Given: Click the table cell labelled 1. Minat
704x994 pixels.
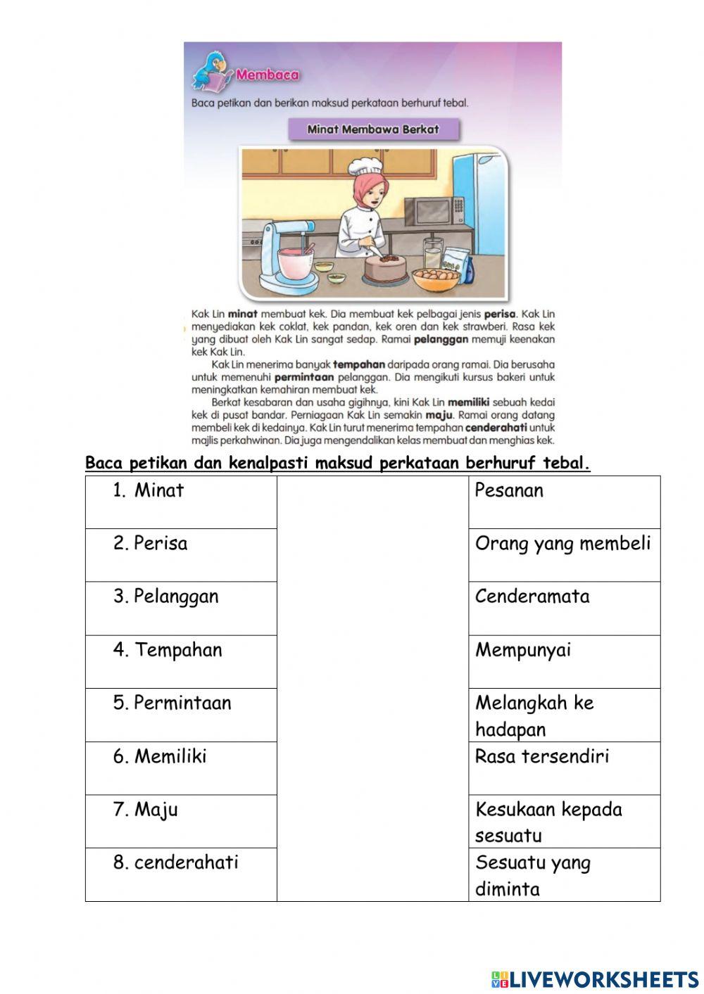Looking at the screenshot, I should pos(181,502).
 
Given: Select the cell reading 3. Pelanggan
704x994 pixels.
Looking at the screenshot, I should pos(181,608).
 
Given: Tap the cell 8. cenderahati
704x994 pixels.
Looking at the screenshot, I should pos(181,874).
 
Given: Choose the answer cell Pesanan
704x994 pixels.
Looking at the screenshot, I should pos(564,502).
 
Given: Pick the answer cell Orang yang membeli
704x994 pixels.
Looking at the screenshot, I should pos(564,554).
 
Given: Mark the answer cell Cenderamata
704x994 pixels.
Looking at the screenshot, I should pos(564,608).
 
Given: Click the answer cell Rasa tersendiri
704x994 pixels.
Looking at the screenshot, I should pos(564,767).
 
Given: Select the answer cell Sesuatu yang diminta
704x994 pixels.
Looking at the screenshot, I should pos(564,874).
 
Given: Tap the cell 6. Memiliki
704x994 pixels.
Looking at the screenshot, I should pos(181,767).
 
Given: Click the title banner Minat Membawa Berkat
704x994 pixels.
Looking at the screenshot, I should pos(373,129).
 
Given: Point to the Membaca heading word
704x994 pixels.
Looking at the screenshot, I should pos(268,75).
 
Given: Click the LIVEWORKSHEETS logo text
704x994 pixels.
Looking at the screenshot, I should pos(595,979).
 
